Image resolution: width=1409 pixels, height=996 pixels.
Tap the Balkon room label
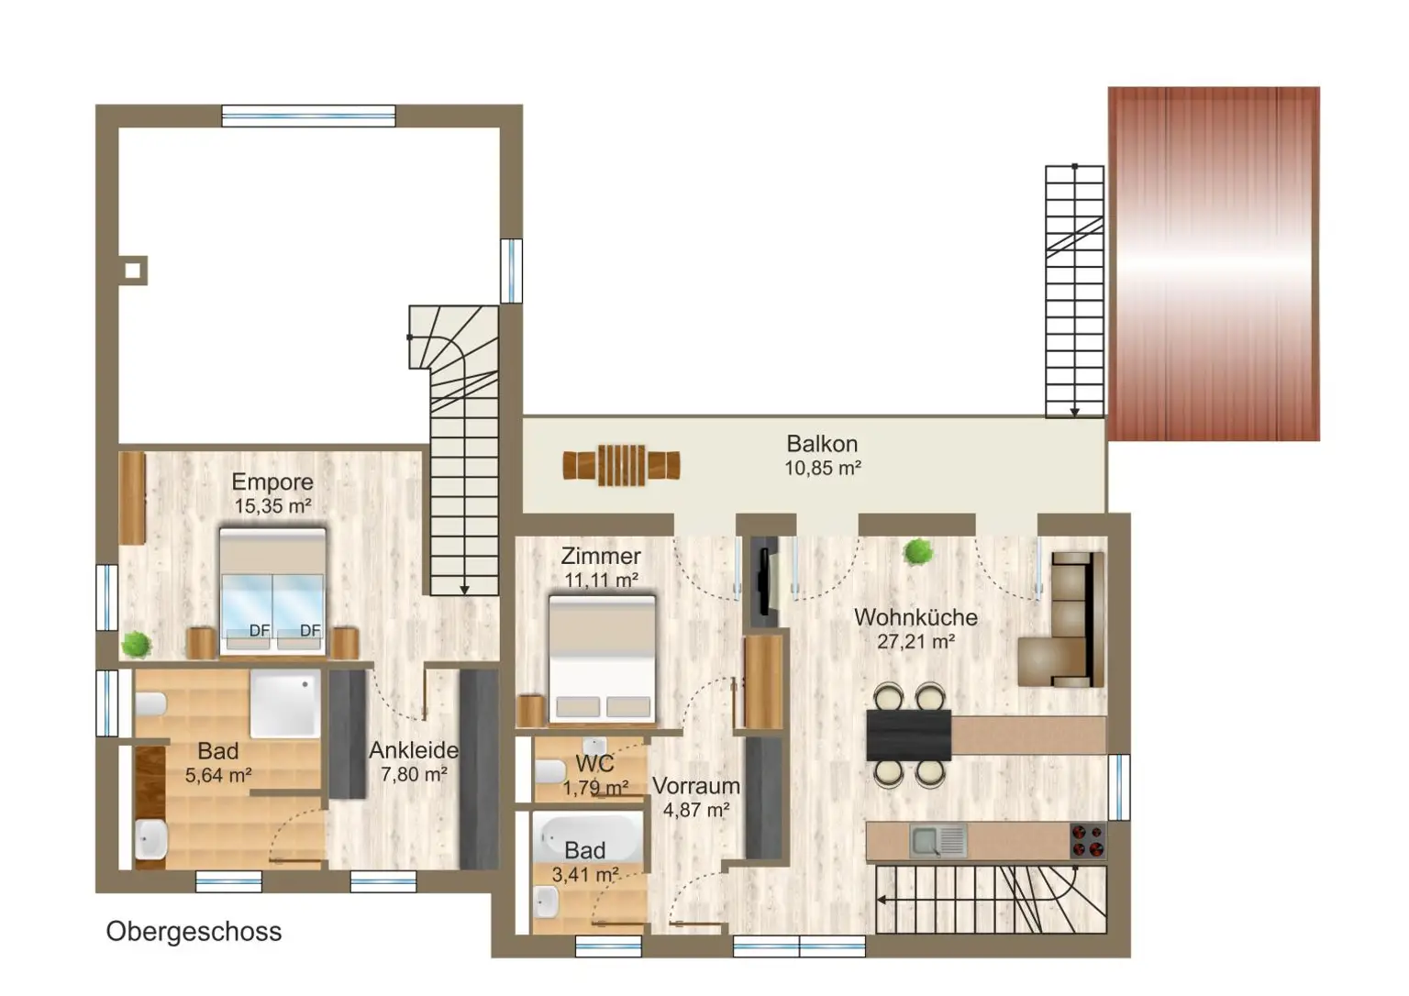[822, 444]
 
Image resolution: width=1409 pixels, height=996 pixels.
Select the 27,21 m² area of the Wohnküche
[915, 642]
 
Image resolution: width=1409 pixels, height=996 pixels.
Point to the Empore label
[272, 481]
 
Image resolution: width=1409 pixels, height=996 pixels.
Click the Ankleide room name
[414, 750]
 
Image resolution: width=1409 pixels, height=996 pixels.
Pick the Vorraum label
[695, 786]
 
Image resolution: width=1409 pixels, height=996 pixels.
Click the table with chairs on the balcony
[621, 465]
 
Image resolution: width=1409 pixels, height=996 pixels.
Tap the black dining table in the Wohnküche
[909, 735]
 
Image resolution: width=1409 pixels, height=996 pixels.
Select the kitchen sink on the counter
[937, 841]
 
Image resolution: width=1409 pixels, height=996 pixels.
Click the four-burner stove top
[1088, 841]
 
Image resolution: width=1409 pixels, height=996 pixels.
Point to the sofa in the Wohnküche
[1061, 619]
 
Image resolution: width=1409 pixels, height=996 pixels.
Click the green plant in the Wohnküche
[917, 553]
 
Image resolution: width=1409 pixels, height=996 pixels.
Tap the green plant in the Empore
[137, 645]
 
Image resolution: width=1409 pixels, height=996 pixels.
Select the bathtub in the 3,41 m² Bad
[587, 836]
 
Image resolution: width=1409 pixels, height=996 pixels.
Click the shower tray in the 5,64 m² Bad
[285, 703]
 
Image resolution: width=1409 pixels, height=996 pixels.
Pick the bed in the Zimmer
[602, 659]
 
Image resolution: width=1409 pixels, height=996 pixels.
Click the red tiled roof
[1214, 263]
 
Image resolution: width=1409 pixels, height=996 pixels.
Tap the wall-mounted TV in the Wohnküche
[763, 581]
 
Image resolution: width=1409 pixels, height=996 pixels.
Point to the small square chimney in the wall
[133, 271]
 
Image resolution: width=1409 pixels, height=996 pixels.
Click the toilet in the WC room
[551, 771]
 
